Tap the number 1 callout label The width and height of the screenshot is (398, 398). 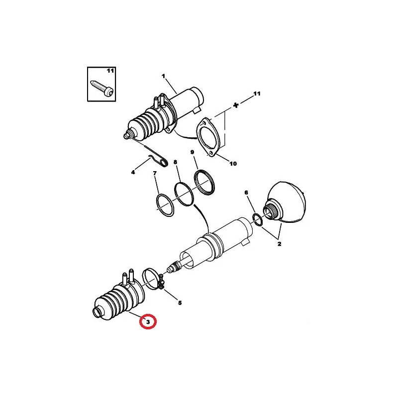[x=163, y=76]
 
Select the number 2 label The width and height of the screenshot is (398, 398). [x=279, y=244]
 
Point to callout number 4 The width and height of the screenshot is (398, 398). [x=133, y=173]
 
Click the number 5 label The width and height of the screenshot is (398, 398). [x=180, y=303]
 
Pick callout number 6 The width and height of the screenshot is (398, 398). [x=246, y=193]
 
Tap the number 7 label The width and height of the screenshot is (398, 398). [x=155, y=173]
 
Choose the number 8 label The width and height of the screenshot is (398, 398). [x=175, y=162]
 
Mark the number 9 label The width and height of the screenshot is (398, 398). [x=192, y=152]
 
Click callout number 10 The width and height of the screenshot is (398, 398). [x=233, y=164]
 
